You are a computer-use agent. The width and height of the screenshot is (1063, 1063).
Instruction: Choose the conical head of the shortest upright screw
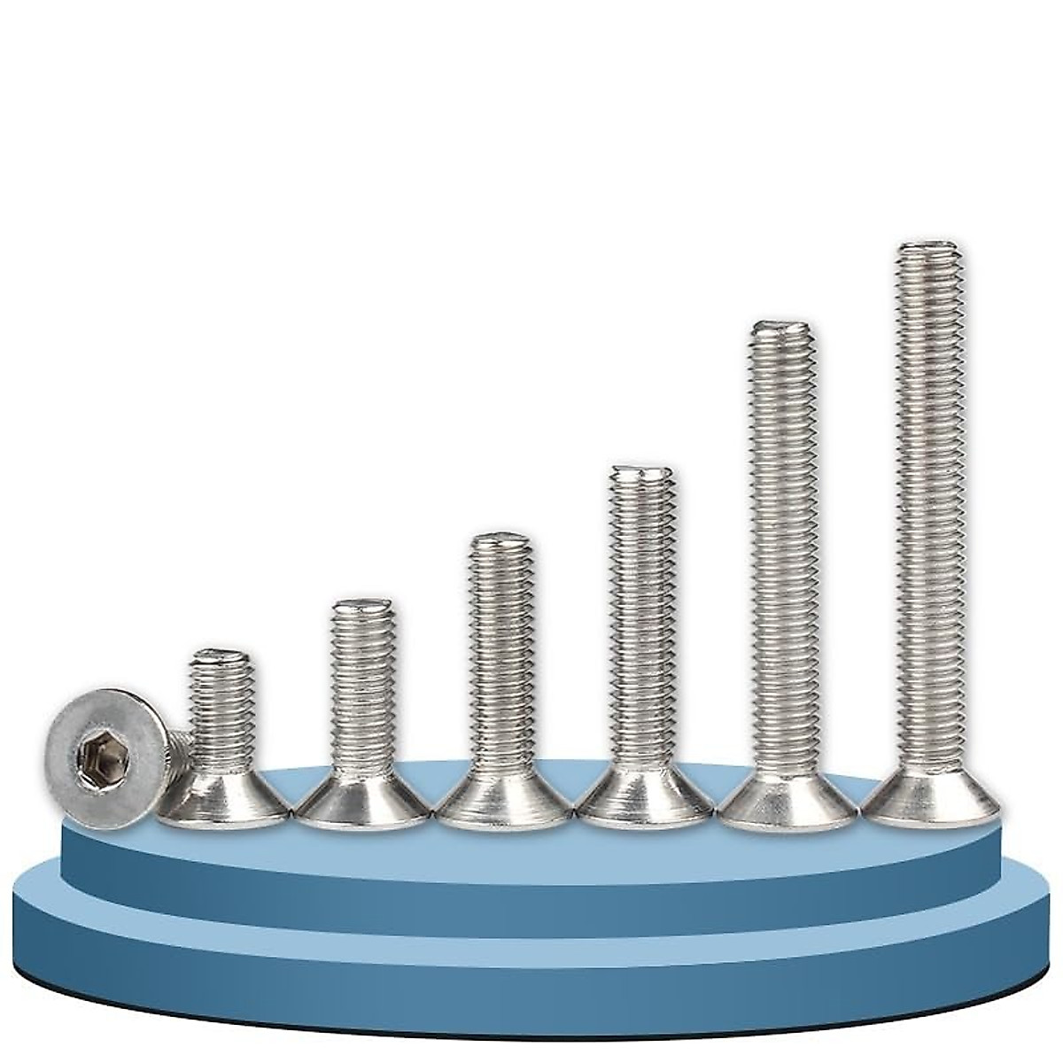pyautogui.click(x=223, y=802)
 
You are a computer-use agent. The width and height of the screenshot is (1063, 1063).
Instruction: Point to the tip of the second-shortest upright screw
pyautogui.click(x=363, y=605)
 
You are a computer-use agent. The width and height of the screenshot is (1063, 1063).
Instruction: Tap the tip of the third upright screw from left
pyautogui.click(x=501, y=539)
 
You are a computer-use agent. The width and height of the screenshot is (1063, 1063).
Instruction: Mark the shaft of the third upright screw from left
pyautogui.click(x=501, y=656)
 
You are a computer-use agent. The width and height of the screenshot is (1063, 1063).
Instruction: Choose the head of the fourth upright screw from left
pyautogui.click(x=645, y=802)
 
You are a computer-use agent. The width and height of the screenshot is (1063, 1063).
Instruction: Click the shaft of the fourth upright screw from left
pyautogui.click(x=643, y=620)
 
